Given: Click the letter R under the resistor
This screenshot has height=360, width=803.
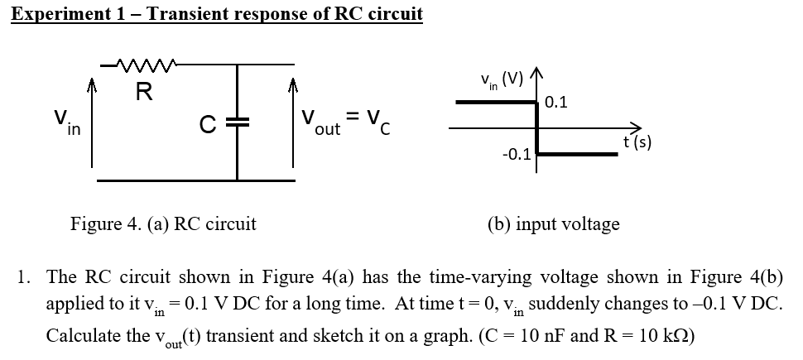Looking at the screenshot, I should tap(143, 92).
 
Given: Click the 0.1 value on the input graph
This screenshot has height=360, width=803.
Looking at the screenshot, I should tap(557, 102).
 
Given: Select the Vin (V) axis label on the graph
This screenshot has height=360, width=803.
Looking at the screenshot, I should tap(501, 82).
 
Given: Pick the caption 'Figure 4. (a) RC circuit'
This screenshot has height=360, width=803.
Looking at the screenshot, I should tap(163, 223).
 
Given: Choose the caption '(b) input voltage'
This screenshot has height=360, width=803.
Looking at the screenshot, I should tap(554, 223).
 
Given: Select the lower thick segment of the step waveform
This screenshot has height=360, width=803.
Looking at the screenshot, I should tap(577, 153).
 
